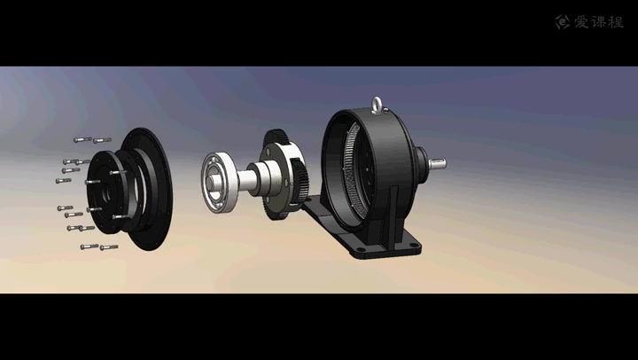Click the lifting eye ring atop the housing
click(x=377, y=105)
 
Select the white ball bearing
click(x=220, y=182)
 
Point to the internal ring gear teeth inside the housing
click(x=354, y=170)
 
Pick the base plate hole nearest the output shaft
click(x=414, y=245)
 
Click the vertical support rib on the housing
click(x=390, y=212)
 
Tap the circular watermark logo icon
click(x=563, y=22)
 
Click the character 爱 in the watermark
click(x=582, y=22)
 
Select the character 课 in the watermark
click(x=598, y=22)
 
